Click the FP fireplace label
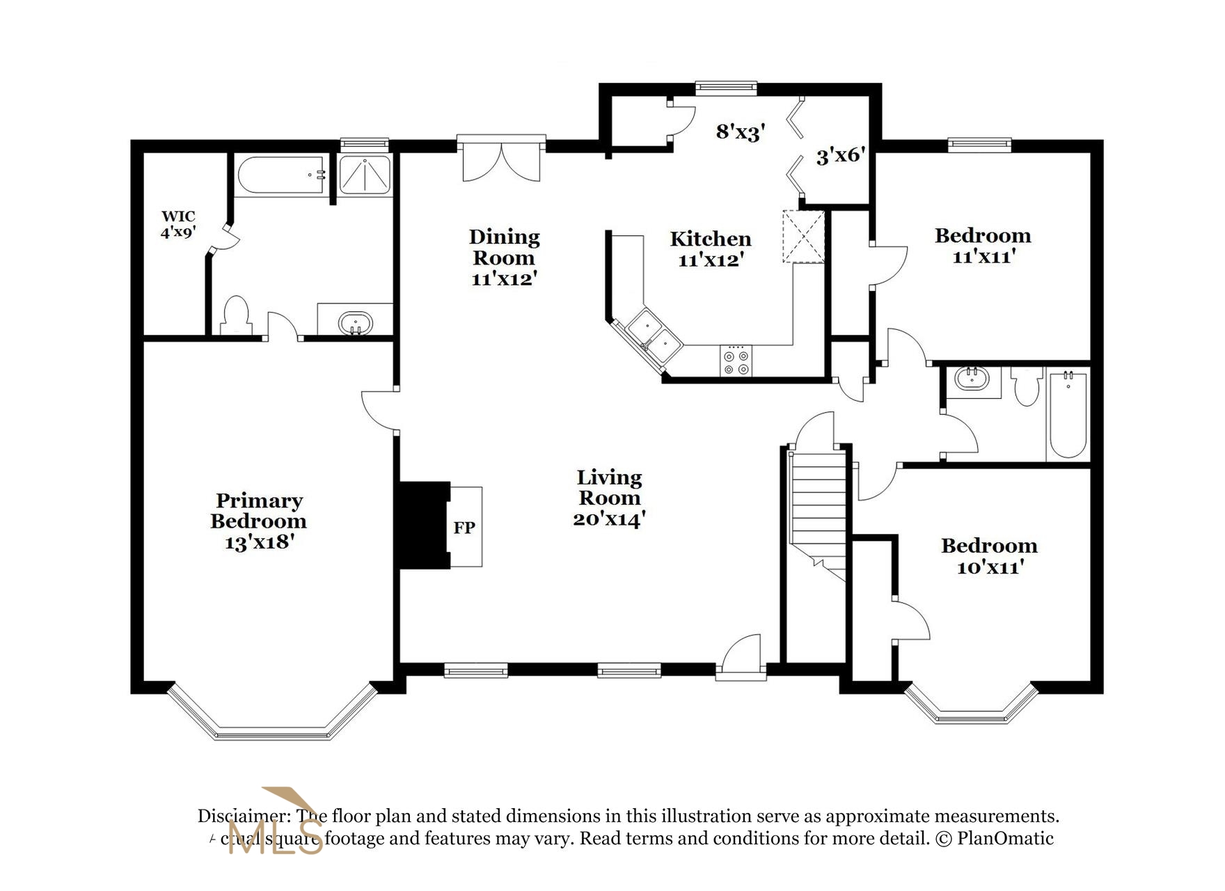pyautogui.click(x=464, y=528)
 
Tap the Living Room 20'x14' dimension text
pyautogui.click(x=609, y=519)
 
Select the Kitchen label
pyautogui.click(x=710, y=239)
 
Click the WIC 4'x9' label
pyautogui.click(x=178, y=224)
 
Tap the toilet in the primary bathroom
pyautogui.click(x=235, y=317)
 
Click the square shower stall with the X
pyautogui.click(x=365, y=175)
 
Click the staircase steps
pyautogui.click(x=819, y=508)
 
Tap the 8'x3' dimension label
pyautogui.click(x=741, y=132)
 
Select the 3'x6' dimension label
pyautogui.click(x=840, y=155)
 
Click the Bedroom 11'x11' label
pyautogui.click(x=982, y=245)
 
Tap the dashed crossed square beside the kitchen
pyautogui.click(x=803, y=236)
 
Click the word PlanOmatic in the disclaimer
pyautogui.click(x=1005, y=838)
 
